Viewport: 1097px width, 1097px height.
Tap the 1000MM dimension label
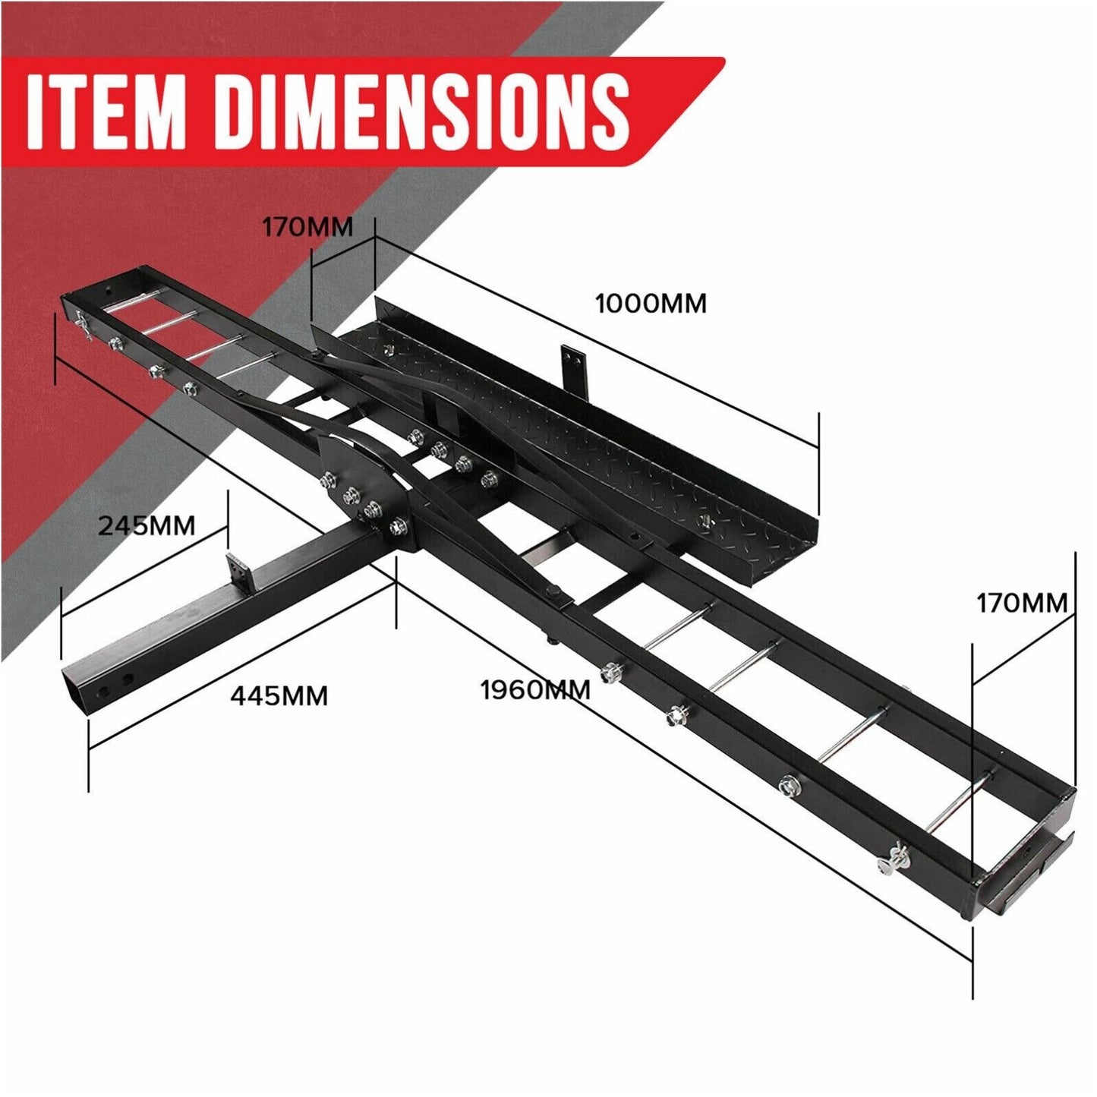coord(651,304)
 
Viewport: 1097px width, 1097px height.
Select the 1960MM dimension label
coord(535,690)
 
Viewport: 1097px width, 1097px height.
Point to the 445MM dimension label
coord(279,695)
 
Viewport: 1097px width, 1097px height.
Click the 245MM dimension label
coord(147,525)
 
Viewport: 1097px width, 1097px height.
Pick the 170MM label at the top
coord(307,227)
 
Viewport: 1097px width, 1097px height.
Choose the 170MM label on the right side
coord(1021,603)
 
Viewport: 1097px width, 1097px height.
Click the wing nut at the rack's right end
coord(889,864)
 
